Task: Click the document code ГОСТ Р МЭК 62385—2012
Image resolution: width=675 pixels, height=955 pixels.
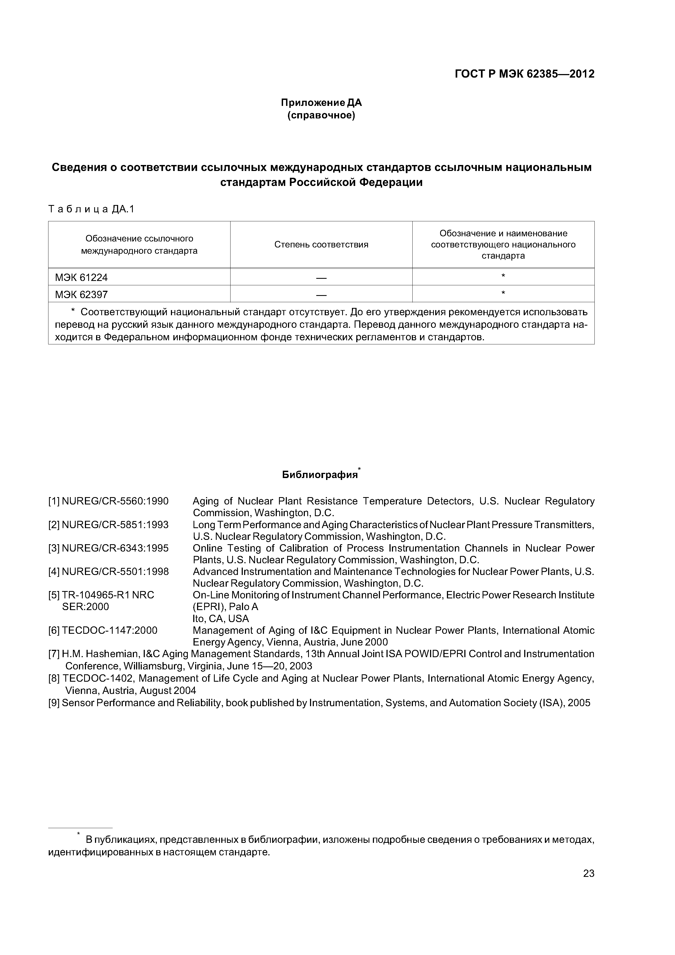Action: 524,74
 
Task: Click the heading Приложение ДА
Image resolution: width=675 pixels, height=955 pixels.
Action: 321,102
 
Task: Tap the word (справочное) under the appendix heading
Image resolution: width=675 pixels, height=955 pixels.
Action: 321,115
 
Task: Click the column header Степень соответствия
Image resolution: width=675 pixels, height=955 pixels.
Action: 321,244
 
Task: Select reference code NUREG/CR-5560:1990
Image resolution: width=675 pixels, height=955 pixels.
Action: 115,501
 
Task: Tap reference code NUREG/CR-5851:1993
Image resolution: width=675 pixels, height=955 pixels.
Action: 115,525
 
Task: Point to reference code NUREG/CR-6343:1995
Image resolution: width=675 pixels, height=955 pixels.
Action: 115,548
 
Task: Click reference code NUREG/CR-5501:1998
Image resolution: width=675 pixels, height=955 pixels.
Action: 115,571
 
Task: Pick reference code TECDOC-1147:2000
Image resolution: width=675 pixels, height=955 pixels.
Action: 110,630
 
